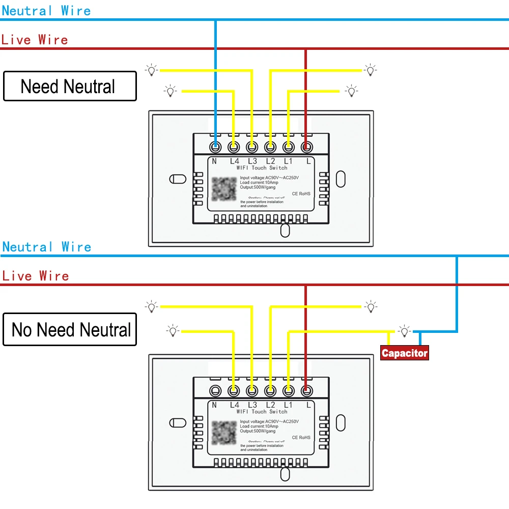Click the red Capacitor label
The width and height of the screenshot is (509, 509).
(405, 353)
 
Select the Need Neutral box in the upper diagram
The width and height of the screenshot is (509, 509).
(70, 86)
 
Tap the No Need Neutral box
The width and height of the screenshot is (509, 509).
(70, 329)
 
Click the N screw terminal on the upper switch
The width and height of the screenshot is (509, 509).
(216, 147)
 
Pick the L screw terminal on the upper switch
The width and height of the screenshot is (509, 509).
(306, 147)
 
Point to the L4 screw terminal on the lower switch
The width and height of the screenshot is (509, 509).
(234, 391)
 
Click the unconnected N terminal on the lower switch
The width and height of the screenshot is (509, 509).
(216, 391)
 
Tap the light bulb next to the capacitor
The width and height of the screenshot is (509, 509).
(405, 331)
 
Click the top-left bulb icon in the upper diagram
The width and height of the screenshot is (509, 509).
(151, 70)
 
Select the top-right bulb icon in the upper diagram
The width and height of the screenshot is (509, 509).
(370, 70)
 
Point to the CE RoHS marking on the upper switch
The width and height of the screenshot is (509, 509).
(301, 194)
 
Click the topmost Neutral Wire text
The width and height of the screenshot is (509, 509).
(46, 11)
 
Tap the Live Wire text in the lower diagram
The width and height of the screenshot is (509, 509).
(35, 276)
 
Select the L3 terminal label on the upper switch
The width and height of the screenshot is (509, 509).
(252, 161)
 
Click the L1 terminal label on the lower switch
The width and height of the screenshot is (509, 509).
(288, 405)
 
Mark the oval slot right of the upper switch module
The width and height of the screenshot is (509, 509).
(341, 179)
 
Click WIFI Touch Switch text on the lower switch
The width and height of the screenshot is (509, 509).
(262, 411)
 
